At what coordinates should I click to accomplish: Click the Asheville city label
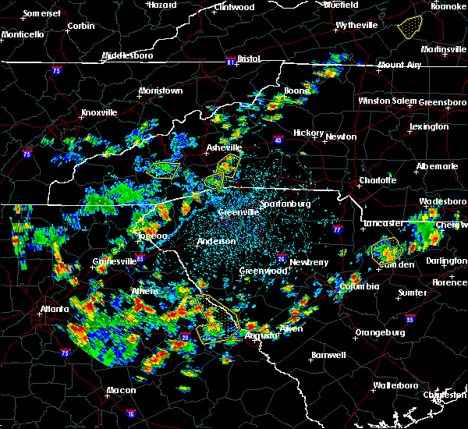click(225, 147)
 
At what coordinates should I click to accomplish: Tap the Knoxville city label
click(99, 112)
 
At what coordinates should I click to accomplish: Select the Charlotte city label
click(378, 180)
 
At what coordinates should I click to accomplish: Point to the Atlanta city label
click(55, 309)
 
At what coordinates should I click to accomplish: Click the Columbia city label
click(358, 286)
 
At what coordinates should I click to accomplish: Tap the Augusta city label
click(260, 335)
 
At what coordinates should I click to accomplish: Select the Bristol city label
click(248, 58)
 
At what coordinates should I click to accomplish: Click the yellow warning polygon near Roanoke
click(409, 28)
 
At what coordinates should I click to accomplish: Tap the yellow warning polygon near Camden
click(386, 251)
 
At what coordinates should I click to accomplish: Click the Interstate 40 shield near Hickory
click(279, 140)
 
